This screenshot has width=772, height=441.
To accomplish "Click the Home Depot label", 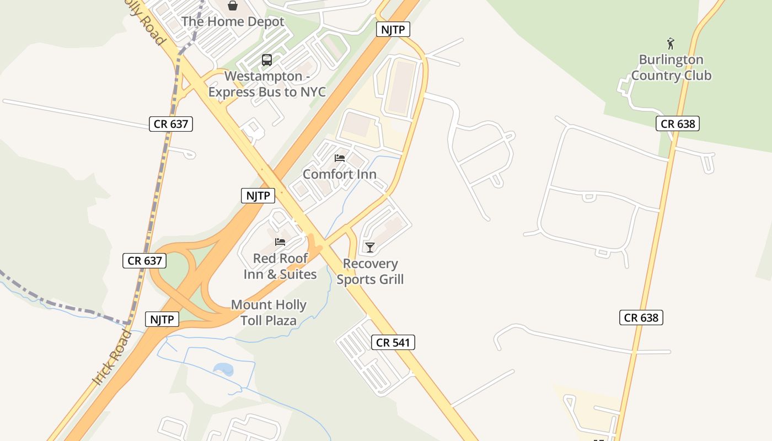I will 233,21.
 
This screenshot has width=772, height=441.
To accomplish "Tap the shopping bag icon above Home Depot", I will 233,6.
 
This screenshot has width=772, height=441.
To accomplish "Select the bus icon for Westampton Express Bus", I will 267,60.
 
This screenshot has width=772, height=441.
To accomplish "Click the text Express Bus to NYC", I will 267,92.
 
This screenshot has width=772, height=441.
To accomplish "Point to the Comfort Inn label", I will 340,174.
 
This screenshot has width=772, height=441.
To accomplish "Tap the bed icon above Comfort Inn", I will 340,158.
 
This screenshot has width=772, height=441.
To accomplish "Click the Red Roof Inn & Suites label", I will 280,266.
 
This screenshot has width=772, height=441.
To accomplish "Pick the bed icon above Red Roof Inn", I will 280,242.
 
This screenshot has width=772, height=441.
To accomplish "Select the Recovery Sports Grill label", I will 370,271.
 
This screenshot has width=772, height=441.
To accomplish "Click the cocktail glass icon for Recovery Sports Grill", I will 370,248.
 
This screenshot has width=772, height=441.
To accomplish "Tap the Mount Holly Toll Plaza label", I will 269,313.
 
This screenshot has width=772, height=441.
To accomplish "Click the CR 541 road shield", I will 393,342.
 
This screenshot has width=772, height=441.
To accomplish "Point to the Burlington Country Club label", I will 671,67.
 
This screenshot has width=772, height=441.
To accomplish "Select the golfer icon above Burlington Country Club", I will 671,44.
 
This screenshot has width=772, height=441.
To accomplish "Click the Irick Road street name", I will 112,358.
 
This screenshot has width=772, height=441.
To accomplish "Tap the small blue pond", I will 223,369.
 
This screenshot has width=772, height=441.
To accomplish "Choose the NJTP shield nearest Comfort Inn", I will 258,195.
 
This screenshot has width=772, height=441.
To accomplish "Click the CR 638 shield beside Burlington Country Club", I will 678,123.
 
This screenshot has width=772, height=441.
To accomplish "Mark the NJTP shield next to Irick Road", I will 162,319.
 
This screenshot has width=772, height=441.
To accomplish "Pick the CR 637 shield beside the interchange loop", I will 144,261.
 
